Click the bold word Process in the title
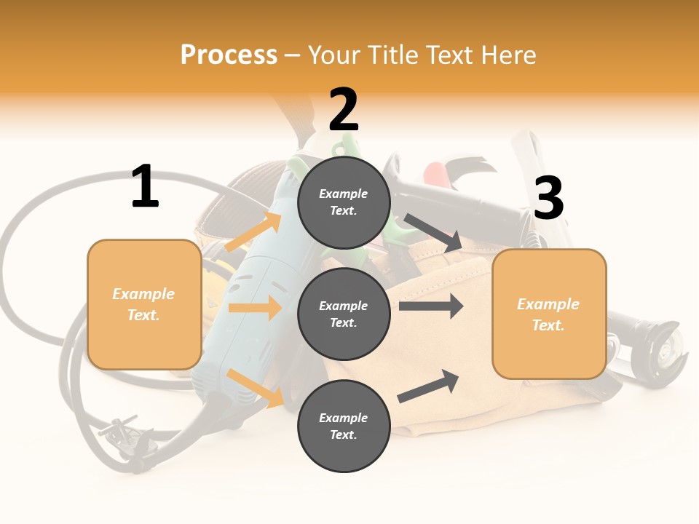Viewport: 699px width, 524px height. pyautogui.click(x=229, y=55)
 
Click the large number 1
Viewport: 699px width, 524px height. pyautogui.click(x=145, y=187)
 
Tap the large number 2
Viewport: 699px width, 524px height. pyautogui.click(x=344, y=111)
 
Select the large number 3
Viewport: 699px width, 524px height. pyautogui.click(x=548, y=199)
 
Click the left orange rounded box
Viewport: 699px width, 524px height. pyautogui.click(x=144, y=304)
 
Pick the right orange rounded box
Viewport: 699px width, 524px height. pyautogui.click(x=549, y=314)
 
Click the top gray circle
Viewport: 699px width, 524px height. pyautogui.click(x=344, y=202)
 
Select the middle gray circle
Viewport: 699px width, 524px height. pyautogui.click(x=344, y=314)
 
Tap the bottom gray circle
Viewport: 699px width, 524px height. pyautogui.click(x=344, y=426)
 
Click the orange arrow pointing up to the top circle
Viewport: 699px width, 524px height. pyautogui.click(x=253, y=231)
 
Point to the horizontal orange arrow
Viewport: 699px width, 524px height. pyautogui.click(x=255, y=308)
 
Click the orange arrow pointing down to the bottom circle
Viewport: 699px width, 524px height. pyautogui.click(x=255, y=387)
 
